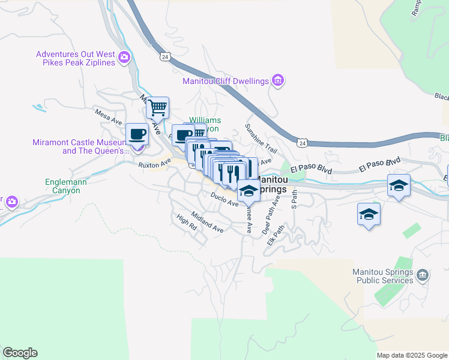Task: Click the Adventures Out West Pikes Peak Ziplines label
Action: pos(76,58)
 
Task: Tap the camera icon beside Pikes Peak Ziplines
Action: pos(124,58)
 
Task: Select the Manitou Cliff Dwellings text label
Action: pos(226,81)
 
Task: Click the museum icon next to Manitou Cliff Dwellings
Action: pos(277,80)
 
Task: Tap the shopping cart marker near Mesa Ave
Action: pos(157,108)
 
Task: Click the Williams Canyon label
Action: pos(205,124)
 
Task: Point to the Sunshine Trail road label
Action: pos(261,137)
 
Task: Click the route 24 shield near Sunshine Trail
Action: pos(303,143)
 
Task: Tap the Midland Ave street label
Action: pos(207,222)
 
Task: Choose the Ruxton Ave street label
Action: pos(151,164)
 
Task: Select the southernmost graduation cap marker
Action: pos(369,214)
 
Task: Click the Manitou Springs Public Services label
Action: pos(384,275)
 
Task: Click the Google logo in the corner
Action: pos(20,353)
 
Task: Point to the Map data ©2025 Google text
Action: pos(412,355)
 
